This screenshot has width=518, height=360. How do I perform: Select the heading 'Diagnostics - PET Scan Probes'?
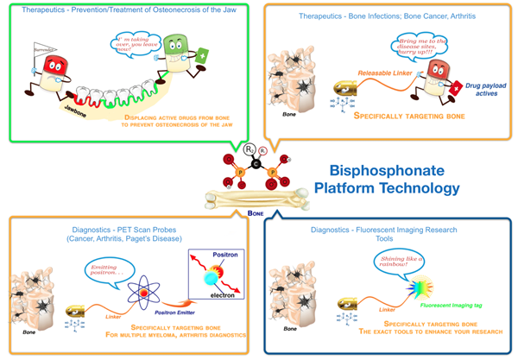(129, 232)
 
